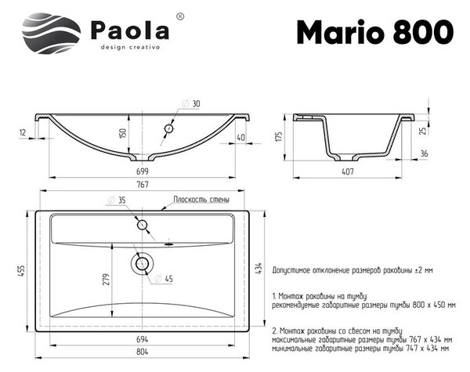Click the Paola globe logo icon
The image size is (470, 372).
[51, 33]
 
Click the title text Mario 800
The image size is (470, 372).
[375, 32]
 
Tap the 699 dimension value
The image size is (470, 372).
[143, 172]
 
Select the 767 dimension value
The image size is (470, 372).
[143, 184]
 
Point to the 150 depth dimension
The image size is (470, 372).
[123, 132]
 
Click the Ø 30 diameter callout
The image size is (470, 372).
[191, 103]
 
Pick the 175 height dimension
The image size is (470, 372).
[279, 137]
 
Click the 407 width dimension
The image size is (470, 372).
[347, 172]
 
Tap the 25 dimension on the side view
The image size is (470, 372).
[423, 131]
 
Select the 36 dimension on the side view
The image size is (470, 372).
[424, 153]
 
